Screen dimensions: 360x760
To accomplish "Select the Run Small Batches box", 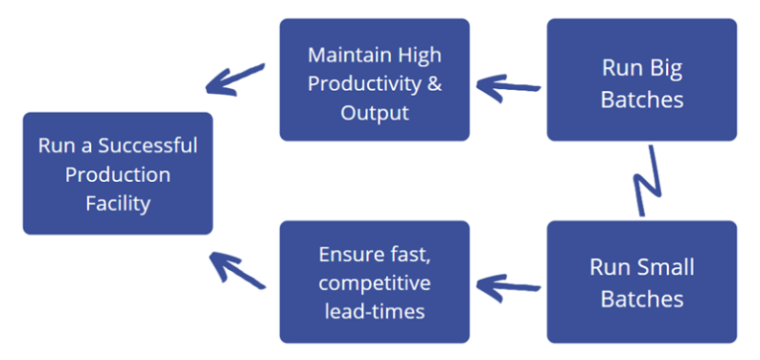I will [x=642, y=282].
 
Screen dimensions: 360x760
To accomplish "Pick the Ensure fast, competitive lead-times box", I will [x=374, y=282].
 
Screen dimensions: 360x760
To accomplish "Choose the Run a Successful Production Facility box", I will [x=118, y=174].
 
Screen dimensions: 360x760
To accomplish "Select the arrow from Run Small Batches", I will [x=509, y=287].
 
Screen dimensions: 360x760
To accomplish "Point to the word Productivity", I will [x=366, y=83].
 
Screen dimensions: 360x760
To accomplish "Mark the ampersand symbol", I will [x=431, y=83].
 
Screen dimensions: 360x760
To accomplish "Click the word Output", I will [x=374, y=112].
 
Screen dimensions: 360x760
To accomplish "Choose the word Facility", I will [x=118, y=204].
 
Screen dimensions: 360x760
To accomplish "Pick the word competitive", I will [x=374, y=283].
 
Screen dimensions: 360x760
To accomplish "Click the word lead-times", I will [x=374, y=312].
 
